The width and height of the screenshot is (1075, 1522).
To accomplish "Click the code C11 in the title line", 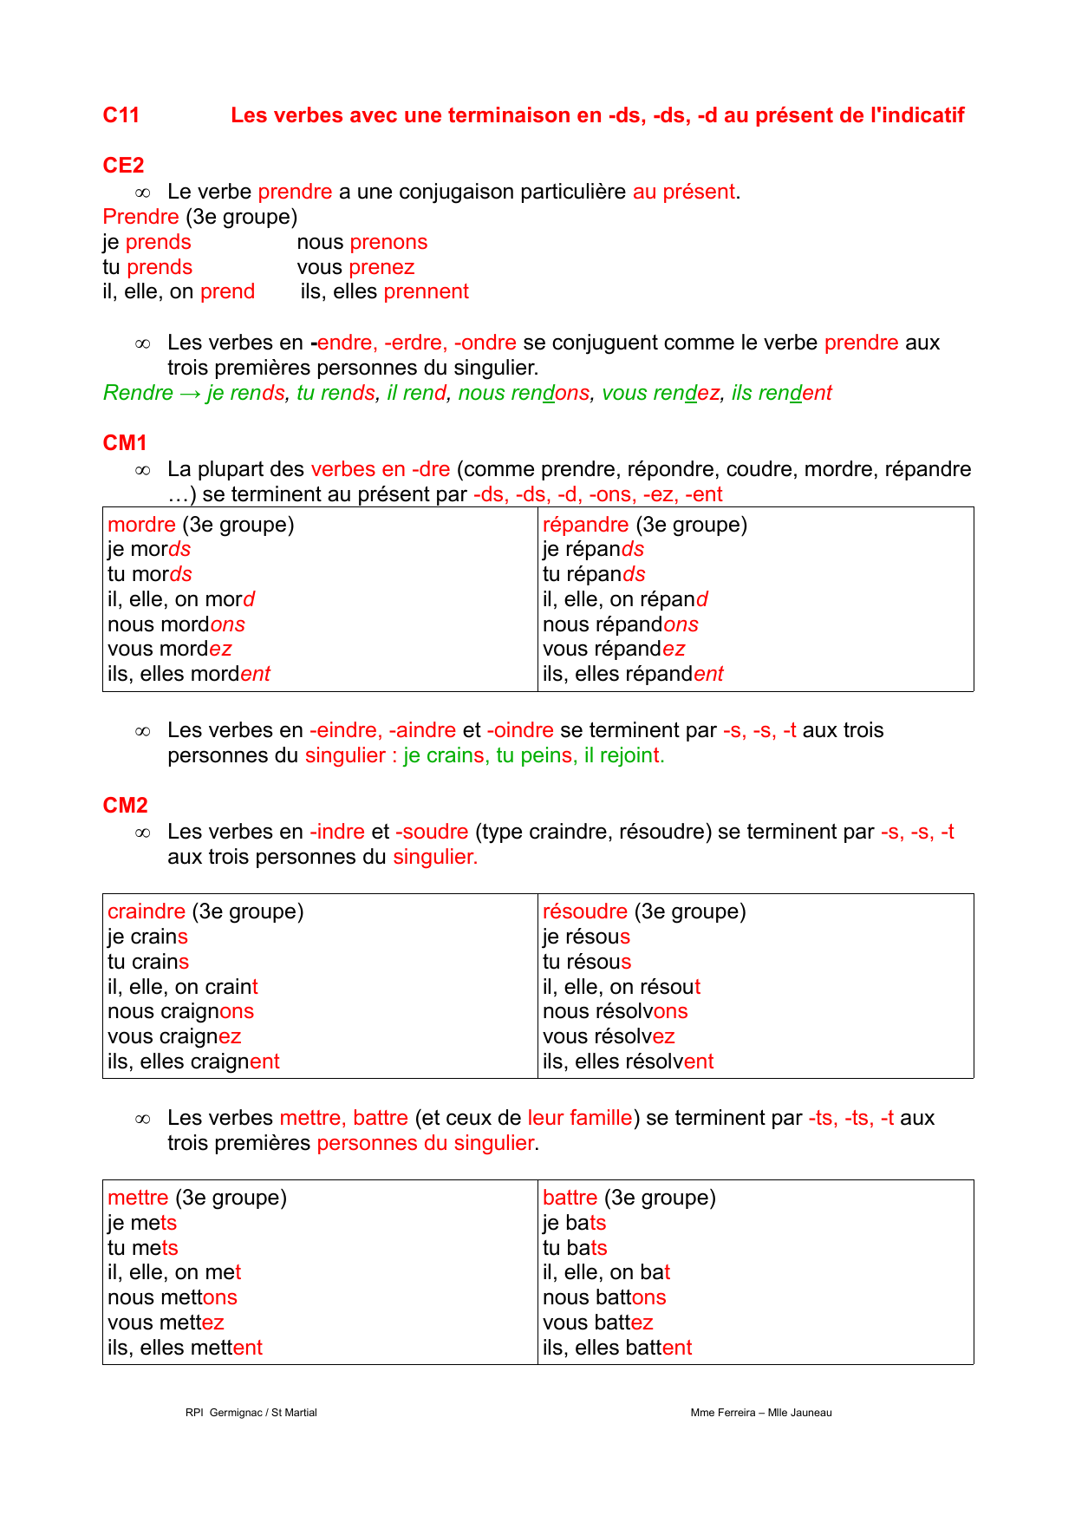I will point(121,115).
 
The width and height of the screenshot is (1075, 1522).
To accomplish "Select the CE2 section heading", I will point(123,166).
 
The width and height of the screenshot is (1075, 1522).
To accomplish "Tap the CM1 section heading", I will point(125,443).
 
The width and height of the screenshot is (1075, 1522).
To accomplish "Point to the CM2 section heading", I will point(125,806).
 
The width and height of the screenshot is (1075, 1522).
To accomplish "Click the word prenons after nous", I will point(388,242).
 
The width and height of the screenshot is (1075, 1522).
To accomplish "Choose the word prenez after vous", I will point(381,267).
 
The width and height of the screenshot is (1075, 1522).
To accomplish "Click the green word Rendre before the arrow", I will point(138,393).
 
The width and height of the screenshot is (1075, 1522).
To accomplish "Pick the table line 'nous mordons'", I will point(176,624).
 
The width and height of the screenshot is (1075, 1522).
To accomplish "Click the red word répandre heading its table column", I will point(585,525).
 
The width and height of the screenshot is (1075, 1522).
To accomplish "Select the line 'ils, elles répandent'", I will point(632,674).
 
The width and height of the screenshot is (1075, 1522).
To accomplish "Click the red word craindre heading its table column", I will point(147,911).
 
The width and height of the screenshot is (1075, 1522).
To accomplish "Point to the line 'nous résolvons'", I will point(615,1011).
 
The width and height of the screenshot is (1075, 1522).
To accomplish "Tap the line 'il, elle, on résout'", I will point(621,987).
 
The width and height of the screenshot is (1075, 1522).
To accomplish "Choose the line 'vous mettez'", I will point(166,1323).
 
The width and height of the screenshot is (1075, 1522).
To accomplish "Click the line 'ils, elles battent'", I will point(616,1348).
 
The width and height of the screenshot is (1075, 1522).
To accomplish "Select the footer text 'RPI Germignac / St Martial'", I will point(251,1413).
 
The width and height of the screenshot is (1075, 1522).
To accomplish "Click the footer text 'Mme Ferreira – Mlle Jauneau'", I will point(760,1413).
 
